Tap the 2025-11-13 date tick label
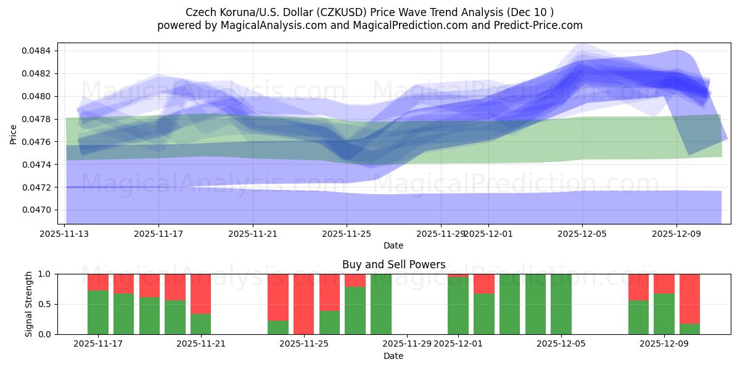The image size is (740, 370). coord(65,234)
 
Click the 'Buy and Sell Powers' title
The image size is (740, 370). coord(393,265)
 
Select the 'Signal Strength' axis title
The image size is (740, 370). coord(28,304)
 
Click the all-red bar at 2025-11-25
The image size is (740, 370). coord(303,304)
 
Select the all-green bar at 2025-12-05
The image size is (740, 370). coord(561,304)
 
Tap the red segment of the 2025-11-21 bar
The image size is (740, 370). coord(201,294)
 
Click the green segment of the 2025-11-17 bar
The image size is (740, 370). coord(98,312)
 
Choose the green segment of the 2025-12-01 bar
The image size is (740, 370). coord(458,306)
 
